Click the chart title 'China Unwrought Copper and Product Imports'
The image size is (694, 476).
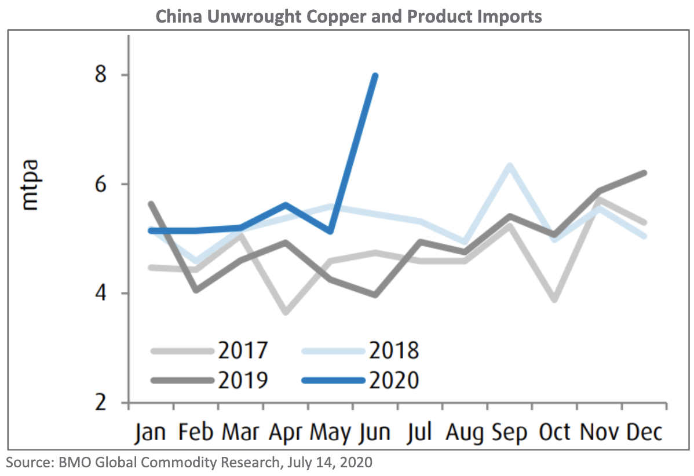click(349, 16)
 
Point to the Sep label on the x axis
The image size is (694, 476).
click(508, 433)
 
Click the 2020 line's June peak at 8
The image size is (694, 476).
click(375, 76)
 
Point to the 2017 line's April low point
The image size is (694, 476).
click(286, 313)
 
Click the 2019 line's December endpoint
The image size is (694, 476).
click(644, 173)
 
